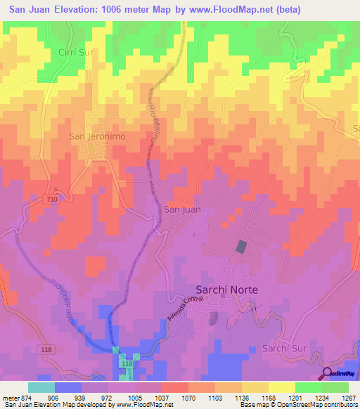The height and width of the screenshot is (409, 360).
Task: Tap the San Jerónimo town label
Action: pos(97,136)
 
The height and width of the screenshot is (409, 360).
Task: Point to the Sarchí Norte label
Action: pos(226,290)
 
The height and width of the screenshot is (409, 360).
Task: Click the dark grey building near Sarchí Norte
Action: pos(240,247)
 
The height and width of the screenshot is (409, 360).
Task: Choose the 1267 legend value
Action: pos(347,396)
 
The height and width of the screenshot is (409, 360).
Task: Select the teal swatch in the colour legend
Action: pos(41,387)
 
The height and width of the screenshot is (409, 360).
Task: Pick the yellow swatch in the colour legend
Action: pos(281,387)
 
